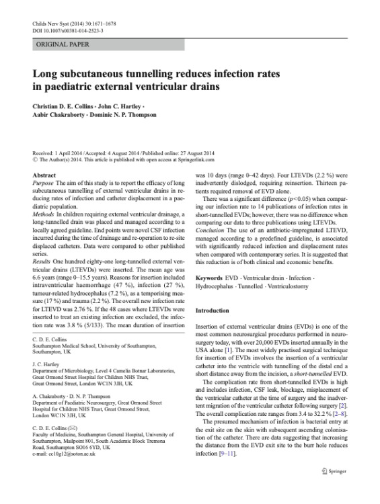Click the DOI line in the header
tap(67, 30)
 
